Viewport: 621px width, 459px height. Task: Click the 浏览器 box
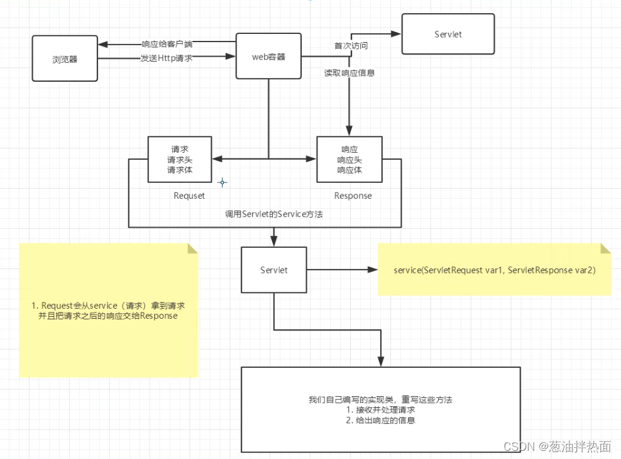65,58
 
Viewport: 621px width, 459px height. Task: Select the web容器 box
268,56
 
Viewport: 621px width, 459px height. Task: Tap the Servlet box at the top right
448,34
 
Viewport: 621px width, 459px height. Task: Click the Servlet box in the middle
274,270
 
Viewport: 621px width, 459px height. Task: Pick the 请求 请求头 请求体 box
179,160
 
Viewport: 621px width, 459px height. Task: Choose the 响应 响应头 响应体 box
349,160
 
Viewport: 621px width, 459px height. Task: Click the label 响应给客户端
167,44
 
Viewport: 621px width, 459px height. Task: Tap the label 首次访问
350,47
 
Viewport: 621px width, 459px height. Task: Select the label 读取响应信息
349,74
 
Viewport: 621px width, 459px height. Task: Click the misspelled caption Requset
189,196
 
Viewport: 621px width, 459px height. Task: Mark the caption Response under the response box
353,196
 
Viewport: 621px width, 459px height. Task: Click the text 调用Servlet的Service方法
274,214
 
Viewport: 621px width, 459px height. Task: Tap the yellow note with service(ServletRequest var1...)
494,270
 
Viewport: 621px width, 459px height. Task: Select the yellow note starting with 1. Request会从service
108,311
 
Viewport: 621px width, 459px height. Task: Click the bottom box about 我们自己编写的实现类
381,409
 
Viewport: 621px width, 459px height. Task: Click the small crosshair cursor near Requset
222,183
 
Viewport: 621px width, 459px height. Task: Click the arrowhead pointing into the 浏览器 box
102,44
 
